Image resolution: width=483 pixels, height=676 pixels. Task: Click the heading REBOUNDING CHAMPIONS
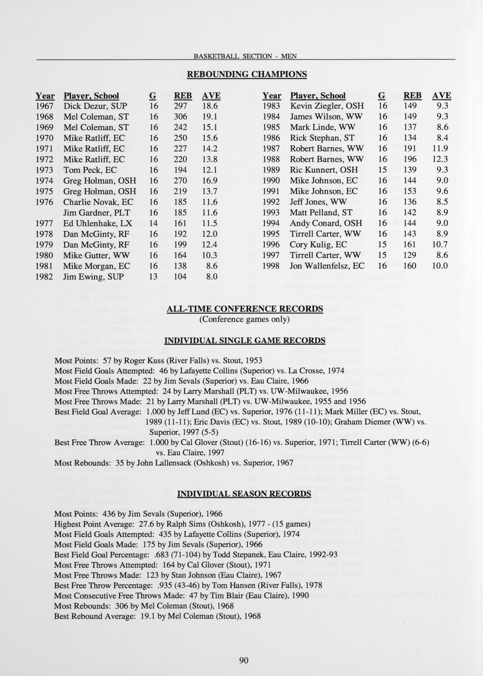[246, 74]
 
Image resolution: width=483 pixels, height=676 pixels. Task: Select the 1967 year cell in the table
[45, 106]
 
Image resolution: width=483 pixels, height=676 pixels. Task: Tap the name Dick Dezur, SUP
[95, 106]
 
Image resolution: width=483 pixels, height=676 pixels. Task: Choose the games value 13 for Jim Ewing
[153, 277]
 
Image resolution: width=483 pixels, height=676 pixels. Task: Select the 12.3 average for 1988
[440, 159]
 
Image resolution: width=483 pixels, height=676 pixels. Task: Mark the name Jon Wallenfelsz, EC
[327, 266]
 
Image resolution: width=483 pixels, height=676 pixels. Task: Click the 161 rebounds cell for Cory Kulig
[409, 244]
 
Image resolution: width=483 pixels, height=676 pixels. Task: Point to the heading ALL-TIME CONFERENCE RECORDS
[245, 309]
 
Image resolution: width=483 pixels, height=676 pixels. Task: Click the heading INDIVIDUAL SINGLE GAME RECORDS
[244, 340]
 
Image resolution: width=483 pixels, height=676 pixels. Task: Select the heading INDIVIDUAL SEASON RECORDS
[243, 494]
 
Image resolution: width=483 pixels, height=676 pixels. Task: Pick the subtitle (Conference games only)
[244, 319]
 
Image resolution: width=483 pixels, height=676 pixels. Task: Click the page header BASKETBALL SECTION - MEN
[245, 56]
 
